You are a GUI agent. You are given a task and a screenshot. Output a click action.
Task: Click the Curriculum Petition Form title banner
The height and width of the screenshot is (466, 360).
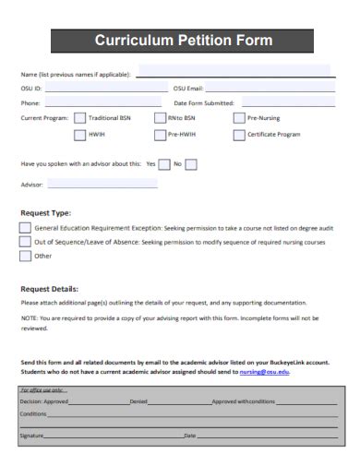click(185, 41)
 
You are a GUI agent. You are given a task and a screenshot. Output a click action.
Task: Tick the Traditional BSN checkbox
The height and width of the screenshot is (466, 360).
click(79, 118)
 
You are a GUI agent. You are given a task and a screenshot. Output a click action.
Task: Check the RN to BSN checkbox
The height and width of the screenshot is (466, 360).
click(160, 118)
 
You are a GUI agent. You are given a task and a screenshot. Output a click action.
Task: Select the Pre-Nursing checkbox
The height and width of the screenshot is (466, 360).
click(237, 118)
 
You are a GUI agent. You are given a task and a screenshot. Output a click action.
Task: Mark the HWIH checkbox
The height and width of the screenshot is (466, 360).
click(79, 135)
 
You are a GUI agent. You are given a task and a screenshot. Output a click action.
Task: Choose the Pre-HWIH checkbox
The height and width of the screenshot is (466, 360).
click(160, 135)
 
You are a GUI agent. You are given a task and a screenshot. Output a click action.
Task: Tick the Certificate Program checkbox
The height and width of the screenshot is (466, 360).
click(237, 135)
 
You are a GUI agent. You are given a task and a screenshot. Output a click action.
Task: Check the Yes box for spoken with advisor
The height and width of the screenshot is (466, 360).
click(163, 165)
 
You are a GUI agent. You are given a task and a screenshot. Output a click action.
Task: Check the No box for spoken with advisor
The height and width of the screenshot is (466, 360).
click(191, 165)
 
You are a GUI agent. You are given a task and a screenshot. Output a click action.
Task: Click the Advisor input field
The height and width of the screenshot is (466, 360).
click(102, 185)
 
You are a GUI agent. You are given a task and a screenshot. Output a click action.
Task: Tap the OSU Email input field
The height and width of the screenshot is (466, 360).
click(268, 89)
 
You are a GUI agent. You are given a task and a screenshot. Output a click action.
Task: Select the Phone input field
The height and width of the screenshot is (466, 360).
click(102, 103)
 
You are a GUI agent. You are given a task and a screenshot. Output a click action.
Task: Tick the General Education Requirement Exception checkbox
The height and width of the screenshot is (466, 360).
click(25, 227)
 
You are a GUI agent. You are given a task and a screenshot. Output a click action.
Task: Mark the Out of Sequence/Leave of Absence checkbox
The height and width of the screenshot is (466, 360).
click(25, 242)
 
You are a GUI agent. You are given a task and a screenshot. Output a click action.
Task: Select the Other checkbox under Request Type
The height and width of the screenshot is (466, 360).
click(25, 257)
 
